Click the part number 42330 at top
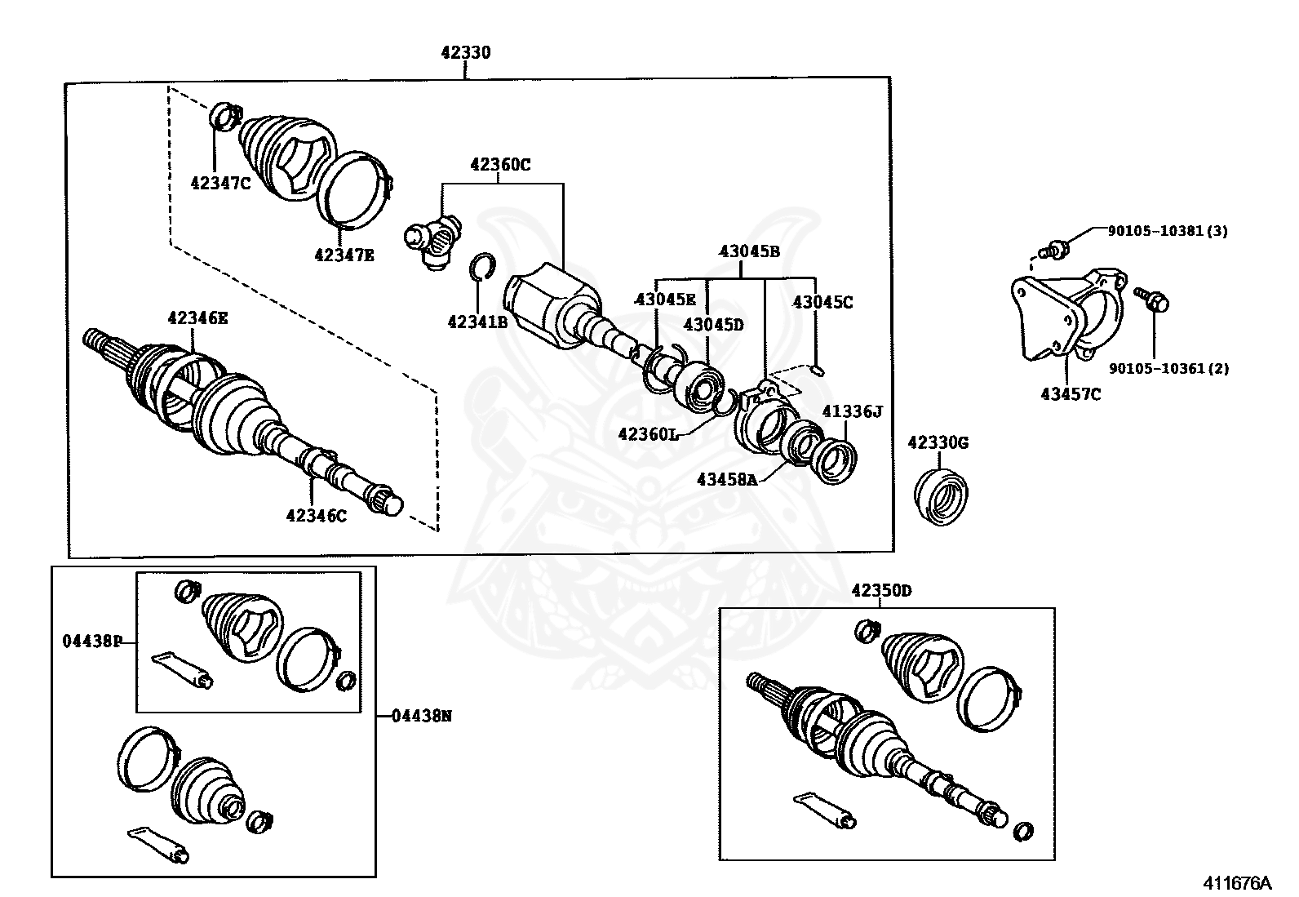[466, 52]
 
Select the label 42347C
[220, 184]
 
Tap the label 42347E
[344, 255]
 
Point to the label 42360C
[500, 165]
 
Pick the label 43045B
[749, 251]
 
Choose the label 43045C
[822, 302]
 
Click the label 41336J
[852, 411]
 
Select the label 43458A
[727, 479]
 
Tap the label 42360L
[648, 434]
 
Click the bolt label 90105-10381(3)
[1167, 231]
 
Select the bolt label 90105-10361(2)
[1168, 368]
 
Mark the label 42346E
[197, 318]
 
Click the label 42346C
[316, 515]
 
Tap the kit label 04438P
[92, 641]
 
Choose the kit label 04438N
[422, 716]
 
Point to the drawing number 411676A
[1236, 883]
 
